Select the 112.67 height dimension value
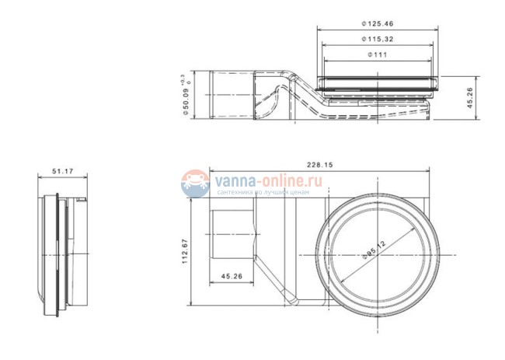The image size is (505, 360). pyautogui.click(x=186, y=251)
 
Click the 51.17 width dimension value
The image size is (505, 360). pyautogui.click(x=61, y=170)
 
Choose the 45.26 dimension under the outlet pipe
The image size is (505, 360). pyautogui.click(x=232, y=275)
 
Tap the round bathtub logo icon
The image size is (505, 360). pyautogui.click(x=194, y=183)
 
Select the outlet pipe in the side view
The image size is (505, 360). pyautogui.click(x=231, y=95)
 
